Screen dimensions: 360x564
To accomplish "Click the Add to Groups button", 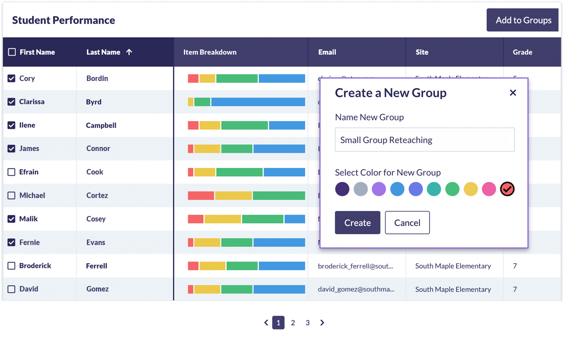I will pos(523,20).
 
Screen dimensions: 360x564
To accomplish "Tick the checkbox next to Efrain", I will pos(11,172).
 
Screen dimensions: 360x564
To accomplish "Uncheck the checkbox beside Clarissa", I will pos(11,102).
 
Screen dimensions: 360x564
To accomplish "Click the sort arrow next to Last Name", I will pos(129,52).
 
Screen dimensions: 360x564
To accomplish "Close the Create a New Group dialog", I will pos(512,93).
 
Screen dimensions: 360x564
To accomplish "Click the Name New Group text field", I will pos(424,140).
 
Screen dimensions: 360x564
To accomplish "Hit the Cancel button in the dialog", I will pos(407,223).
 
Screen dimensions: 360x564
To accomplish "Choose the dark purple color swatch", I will pos(342,189).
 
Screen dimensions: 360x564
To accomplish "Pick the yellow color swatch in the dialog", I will pos(470,189).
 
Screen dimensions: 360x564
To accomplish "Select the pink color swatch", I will pos(489,189).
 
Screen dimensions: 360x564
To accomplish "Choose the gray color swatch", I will pos(360,189).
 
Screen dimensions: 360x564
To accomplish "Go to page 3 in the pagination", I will pos(307,323).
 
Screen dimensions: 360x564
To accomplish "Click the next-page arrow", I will pos(322,323).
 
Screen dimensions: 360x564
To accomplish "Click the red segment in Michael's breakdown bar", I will pos(200,195).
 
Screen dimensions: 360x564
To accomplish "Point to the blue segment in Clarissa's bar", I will pos(257,102).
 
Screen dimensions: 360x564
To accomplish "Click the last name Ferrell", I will pos(96,266).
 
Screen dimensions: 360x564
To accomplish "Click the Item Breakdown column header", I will pos(210,52).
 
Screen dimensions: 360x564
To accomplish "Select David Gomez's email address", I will pos(355,289).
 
